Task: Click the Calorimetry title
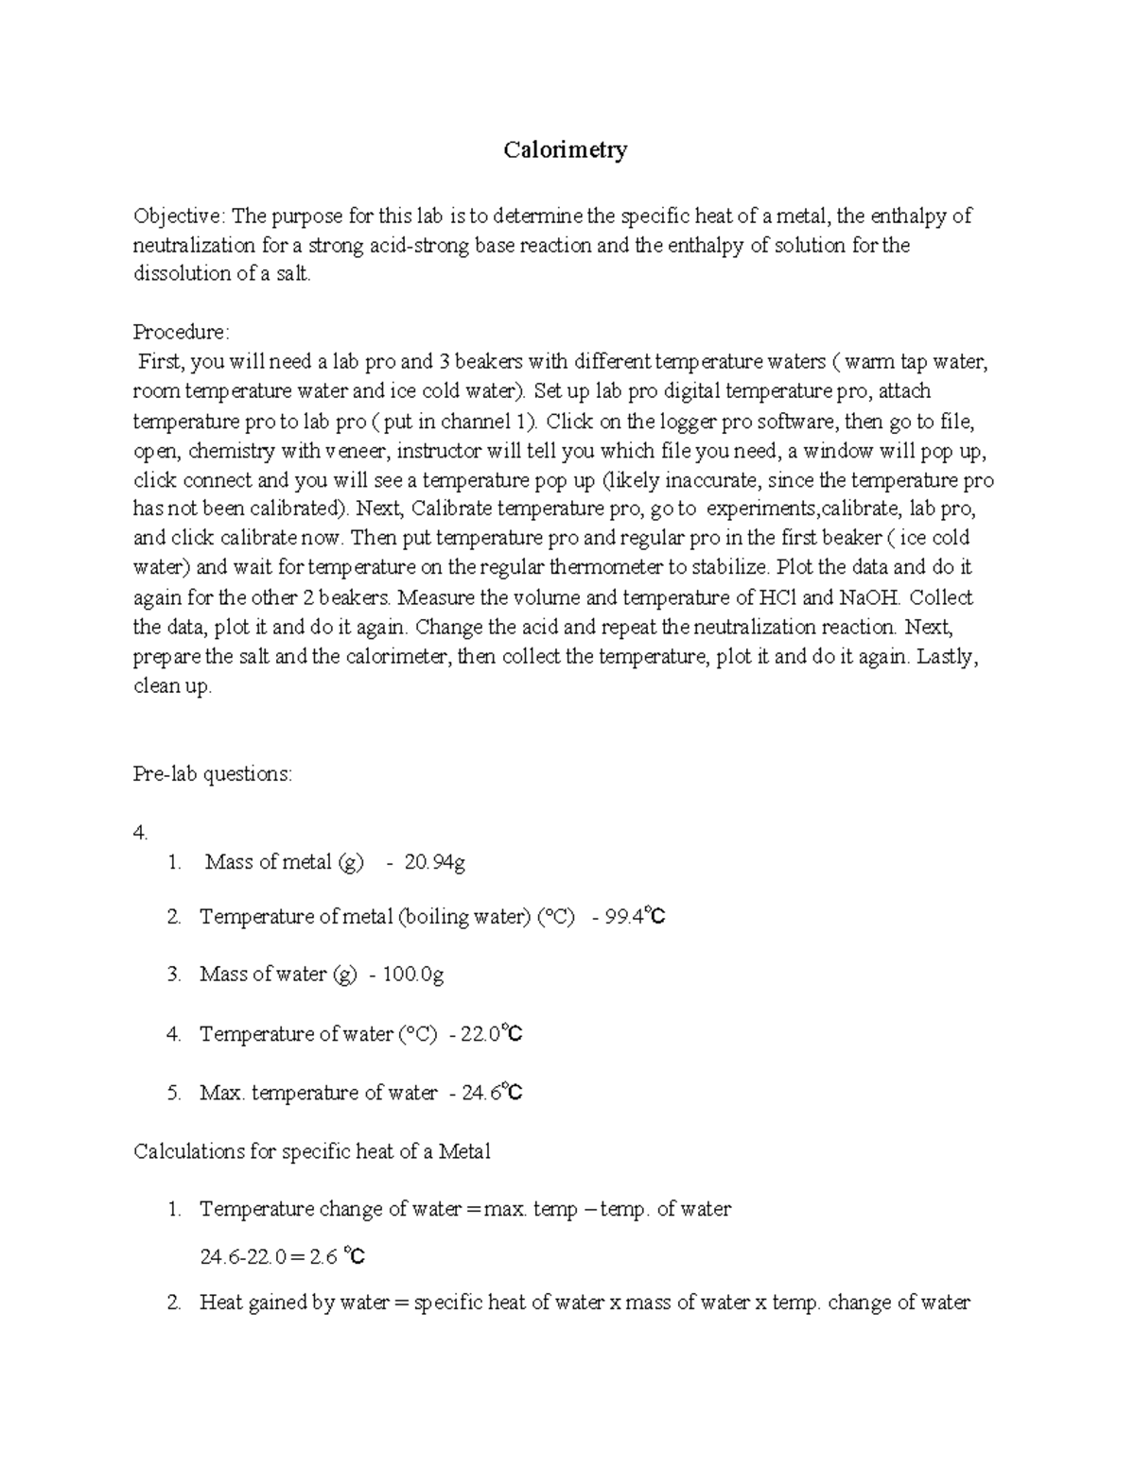(x=565, y=149)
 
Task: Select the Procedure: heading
(x=181, y=333)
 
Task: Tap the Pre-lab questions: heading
(x=213, y=774)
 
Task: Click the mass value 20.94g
(x=434, y=862)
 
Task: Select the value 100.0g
(x=412, y=975)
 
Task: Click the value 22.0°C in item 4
(x=491, y=1034)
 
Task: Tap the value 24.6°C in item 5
(x=492, y=1094)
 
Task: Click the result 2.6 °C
(x=337, y=1257)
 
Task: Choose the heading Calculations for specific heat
(x=312, y=1151)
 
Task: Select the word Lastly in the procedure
(x=946, y=656)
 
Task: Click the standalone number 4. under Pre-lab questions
(x=141, y=833)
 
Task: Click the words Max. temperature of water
(x=318, y=1094)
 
